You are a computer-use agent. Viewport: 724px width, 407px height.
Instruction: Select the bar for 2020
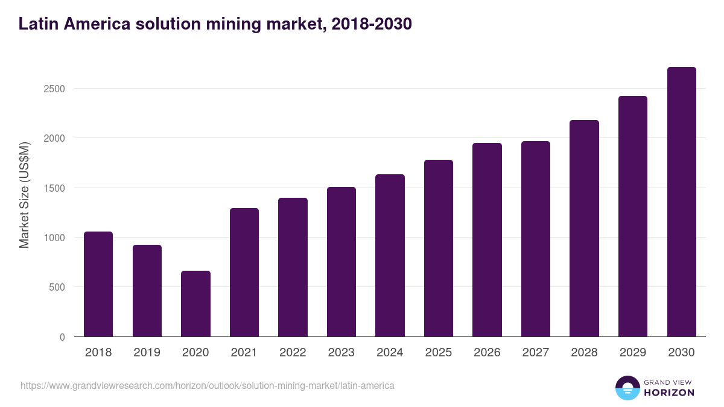click(195, 304)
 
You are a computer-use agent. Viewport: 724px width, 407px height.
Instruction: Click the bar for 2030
click(681, 202)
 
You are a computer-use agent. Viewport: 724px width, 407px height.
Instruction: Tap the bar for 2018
click(98, 284)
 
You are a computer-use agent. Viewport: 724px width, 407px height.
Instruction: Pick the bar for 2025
click(439, 248)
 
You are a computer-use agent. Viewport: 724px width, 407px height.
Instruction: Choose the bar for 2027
click(536, 239)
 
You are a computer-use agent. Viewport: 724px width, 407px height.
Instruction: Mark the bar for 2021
click(244, 273)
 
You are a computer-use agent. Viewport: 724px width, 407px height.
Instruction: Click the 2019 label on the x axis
click(147, 353)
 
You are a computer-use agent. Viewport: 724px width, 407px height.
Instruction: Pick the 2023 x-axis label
click(341, 353)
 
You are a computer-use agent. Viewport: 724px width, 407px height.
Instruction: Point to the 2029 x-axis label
click(633, 353)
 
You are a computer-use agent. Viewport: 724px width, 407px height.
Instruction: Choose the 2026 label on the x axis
click(487, 353)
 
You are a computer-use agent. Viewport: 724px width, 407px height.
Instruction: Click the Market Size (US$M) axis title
click(24, 195)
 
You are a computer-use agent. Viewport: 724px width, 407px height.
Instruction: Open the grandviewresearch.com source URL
click(208, 385)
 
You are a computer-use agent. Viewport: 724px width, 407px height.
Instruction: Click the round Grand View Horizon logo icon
click(627, 388)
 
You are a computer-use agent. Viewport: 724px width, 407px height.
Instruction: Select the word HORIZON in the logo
click(669, 393)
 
